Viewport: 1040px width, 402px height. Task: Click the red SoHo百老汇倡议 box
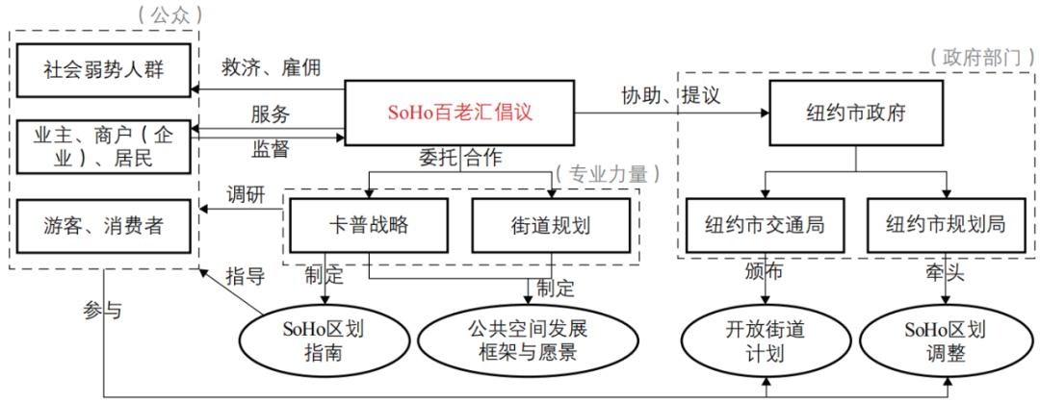(459, 113)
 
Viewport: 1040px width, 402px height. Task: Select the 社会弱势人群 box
(102, 69)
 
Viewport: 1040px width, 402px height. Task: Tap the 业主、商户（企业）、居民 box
(102, 145)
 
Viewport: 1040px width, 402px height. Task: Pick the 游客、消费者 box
(102, 226)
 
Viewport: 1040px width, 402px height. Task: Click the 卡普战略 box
(369, 226)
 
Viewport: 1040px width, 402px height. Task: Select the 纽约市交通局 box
(766, 226)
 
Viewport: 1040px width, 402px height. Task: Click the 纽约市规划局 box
(947, 226)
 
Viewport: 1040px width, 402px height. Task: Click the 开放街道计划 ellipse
(766, 340)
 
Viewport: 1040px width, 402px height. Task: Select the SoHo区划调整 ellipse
(947, 340)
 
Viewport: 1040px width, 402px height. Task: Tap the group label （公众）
(160, 13)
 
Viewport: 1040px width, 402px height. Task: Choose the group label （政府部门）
(975, 57)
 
